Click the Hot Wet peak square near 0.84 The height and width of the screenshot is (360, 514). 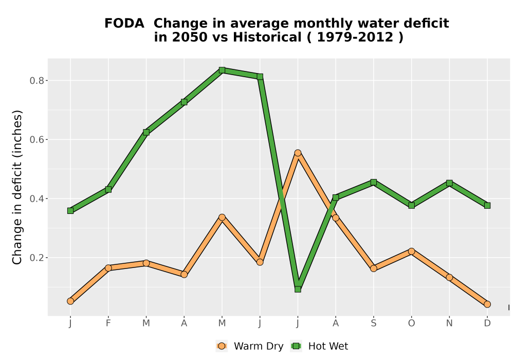pos(222,70)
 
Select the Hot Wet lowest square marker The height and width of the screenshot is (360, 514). pos(298,289)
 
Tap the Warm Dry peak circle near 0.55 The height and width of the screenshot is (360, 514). pos(298,153)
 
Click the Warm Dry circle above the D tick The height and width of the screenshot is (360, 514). pos(487,304)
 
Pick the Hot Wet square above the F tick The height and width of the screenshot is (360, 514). pos(108,189)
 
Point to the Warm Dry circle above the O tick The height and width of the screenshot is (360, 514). pos(411,251)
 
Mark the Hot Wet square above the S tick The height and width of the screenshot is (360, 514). pos(373,182)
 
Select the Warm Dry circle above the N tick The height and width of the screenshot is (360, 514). pos(449,277)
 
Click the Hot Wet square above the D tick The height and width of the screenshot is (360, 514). pos(487,206)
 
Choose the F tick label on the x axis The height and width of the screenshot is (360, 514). pos(108,323)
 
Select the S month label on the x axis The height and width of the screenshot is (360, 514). pos(373,323)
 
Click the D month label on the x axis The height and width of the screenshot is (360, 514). pos(487,323)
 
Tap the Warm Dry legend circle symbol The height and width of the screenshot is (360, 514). pos(222,346)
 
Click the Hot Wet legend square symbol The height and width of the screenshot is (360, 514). pos(297,346)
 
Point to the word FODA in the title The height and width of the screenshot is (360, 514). pos(124,24)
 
